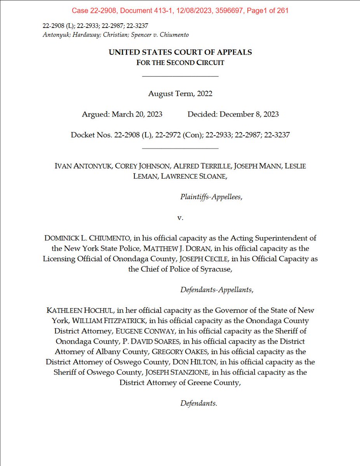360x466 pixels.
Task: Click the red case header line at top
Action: click(180, 10)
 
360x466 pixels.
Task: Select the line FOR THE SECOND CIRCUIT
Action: click(180, 63)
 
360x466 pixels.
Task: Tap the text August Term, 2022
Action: click(180, 94)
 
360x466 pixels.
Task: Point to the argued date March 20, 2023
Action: click(137, 114)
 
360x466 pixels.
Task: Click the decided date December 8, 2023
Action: click(249, 114)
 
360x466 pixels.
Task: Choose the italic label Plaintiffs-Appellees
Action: click(211, 197)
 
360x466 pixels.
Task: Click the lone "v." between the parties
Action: click(180, 217)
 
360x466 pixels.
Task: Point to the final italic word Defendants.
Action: click(198, 403)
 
